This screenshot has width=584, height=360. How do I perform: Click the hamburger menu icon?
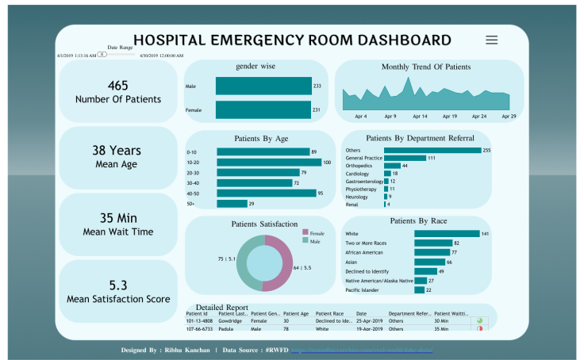tap(492, 40)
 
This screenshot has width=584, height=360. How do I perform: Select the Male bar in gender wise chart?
tap(263, 86)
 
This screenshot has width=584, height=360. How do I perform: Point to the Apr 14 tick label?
tap(420, 116)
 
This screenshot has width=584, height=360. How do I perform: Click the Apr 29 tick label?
tap(509, 116)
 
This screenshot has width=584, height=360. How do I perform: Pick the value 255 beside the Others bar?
tap(487, 150)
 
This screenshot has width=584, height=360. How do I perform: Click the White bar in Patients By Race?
tap(447, 233)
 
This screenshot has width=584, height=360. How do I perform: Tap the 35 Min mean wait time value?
tap(117, 217)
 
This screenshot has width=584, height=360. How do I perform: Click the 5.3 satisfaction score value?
tap(117, 284)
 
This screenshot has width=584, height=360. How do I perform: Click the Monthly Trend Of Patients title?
tap(426, 67)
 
